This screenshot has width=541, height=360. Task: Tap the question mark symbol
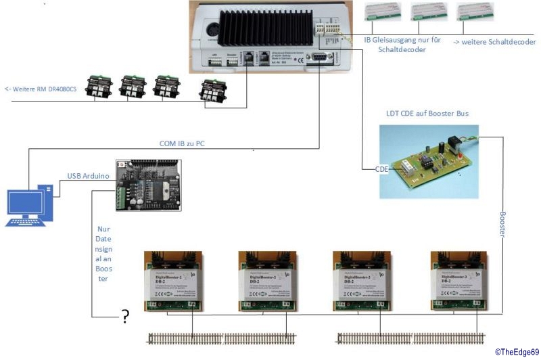(x=124, y=317)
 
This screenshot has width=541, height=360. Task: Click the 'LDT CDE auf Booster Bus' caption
(x=423, y=114)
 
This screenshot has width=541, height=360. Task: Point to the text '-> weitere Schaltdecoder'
(x=494, y=42)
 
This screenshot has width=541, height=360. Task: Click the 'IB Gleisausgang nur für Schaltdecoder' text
(x=402, y=45)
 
